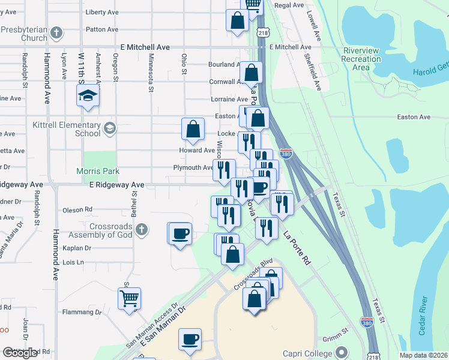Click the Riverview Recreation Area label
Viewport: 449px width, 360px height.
pos(361,59)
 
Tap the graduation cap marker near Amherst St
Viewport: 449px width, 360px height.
pos(88,95)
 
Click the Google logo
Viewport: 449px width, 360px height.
pos(20,353)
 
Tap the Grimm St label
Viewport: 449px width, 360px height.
pos(337,331)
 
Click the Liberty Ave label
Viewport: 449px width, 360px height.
pos(102,12)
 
